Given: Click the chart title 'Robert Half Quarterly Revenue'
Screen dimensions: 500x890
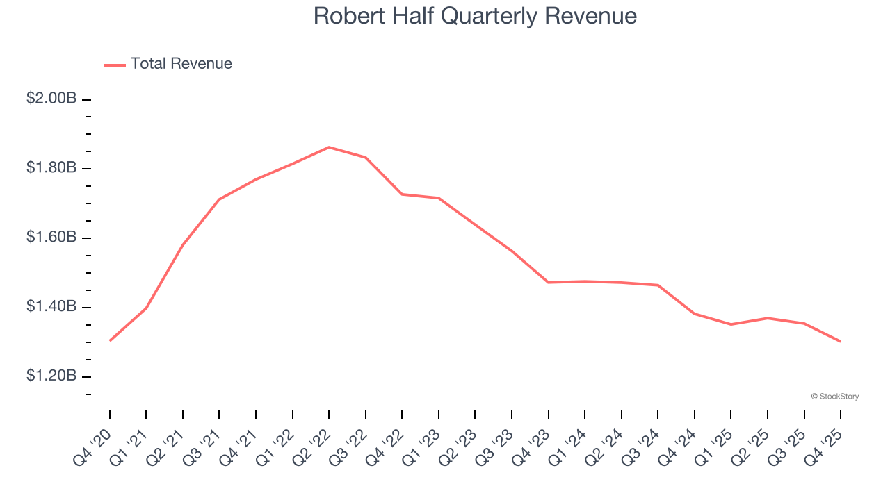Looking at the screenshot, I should tap(475, 16).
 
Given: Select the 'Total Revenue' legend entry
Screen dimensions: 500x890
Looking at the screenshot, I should tap(181, 64).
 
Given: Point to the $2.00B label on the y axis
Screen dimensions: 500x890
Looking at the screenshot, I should tap(51, 99).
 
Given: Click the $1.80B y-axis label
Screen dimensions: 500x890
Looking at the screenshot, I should tap(51, 168).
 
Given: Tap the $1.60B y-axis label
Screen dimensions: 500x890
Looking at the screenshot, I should tap(51, 237).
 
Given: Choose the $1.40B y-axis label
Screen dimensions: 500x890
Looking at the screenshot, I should tap(51, 307).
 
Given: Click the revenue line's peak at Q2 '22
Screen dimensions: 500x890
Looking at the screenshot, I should tap(329, 147).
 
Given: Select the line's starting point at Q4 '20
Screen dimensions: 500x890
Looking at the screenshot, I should tap(110, 340).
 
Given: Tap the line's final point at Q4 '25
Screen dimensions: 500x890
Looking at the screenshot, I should tap(840, 341).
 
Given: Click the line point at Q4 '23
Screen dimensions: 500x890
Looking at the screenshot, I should tap(548, 283).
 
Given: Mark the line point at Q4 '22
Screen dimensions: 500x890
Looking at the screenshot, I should tap(402, 194).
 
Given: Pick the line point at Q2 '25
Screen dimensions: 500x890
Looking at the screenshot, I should tap(767, 318).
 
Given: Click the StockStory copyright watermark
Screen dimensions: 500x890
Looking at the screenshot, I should tap(834, 397).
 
